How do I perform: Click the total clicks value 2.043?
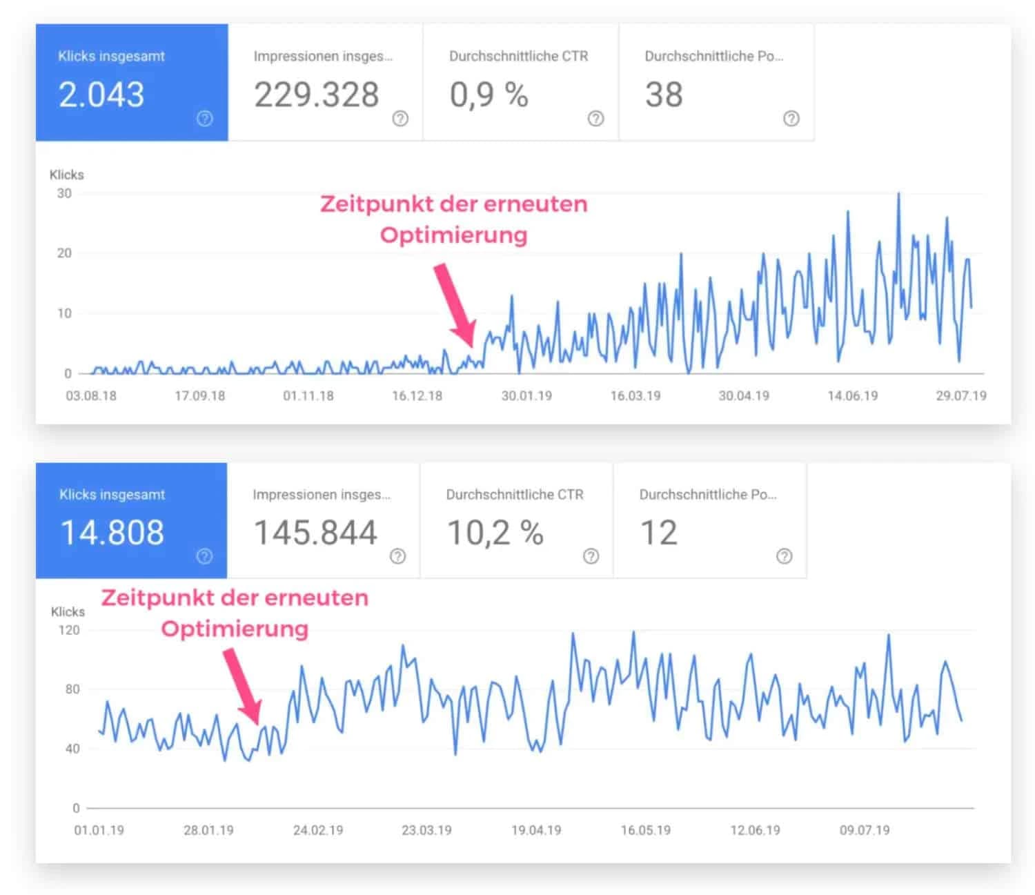pyautogui.click(x=101, y=95)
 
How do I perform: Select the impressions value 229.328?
pyautogui.click(x=317, y=95)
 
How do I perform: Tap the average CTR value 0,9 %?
pyautogui.click(x=489, y=95)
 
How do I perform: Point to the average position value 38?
pyautogui.click(x=664, y=95)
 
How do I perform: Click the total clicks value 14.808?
pyautogui.click(x=112, y=533)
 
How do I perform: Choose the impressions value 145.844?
pyautogui.click(x=315, y=533)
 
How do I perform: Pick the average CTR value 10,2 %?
pyautogui.click(x=495, y=533)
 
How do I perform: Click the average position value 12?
pyautogui.click(x=658, y=533)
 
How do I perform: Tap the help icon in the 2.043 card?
pyautogui.click(x=204, y=119)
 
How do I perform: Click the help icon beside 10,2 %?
pyautogui.click(x=591, y=556)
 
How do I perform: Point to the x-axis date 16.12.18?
pyautogui.click(x=417, y=396)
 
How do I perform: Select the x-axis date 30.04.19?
pyautogui.click(x=744, y=396)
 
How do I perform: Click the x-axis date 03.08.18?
pyautogui.click(x=91, y=396)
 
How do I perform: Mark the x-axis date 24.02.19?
pyautogui.click(x=317, y=830)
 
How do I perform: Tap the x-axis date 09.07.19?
pyautogui.click(x=864, y=830)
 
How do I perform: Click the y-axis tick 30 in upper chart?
pyautogui.click(x=64, y=194)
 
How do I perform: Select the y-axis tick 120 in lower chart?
pyautogui.click(x=69, y=630)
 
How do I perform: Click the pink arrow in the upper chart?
pyautogui.click(x=455, y=304)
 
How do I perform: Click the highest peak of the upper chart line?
pyautogui.click(x=898, y=195)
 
